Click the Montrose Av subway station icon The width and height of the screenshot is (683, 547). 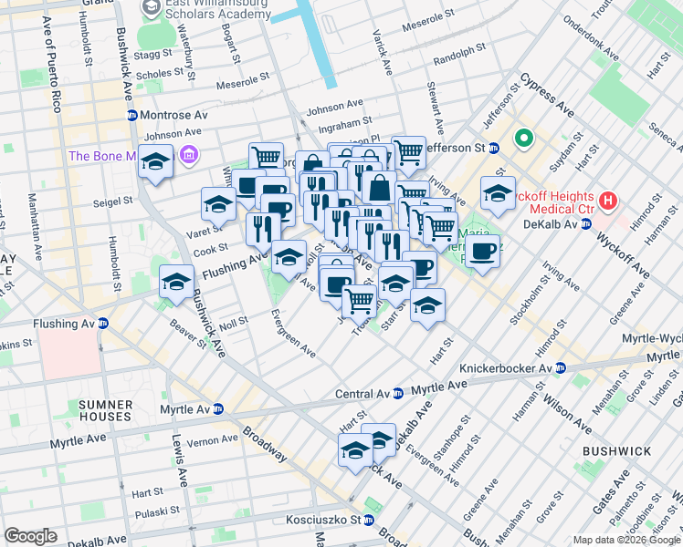(132, 116)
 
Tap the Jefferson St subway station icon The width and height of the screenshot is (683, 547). (493, 147)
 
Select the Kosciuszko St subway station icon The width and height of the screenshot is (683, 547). (368, 521)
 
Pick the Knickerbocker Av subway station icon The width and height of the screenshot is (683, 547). (561, 367)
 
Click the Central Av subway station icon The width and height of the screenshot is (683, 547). (397, 394)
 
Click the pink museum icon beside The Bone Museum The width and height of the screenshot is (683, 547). (189, 155)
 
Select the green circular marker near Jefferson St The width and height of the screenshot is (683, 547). (524, 139)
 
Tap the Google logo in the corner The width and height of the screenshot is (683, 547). (31, 536)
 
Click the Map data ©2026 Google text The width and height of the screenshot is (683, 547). (625, 540)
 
